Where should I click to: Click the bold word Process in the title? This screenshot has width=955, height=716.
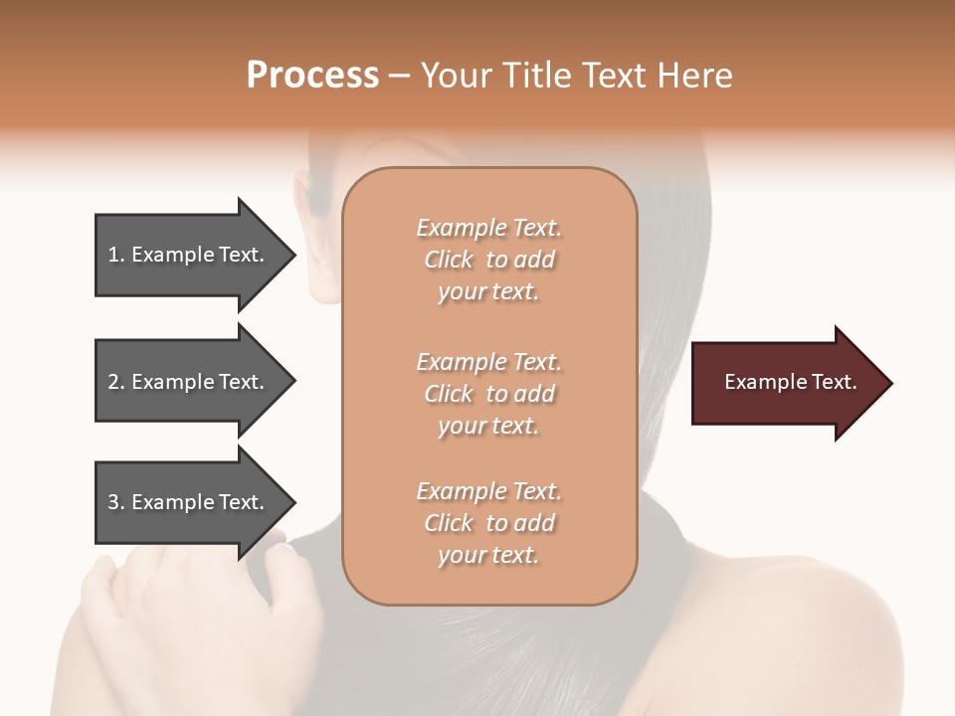point(312,76)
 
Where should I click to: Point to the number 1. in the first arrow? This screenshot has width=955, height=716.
point(116,255)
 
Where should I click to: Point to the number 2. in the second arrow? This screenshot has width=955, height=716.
point(116,382)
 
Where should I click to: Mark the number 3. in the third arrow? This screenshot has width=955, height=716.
point(116,502)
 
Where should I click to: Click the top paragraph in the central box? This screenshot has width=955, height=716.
point(488,260)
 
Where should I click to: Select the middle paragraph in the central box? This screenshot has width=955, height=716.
point(488,394)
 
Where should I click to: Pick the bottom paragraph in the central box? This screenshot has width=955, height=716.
point(488,523)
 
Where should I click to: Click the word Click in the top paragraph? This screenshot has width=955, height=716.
point(449,260)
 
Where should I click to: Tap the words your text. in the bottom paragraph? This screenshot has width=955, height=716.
point(488,555)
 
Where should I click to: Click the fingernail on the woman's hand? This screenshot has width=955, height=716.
point(286,547)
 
